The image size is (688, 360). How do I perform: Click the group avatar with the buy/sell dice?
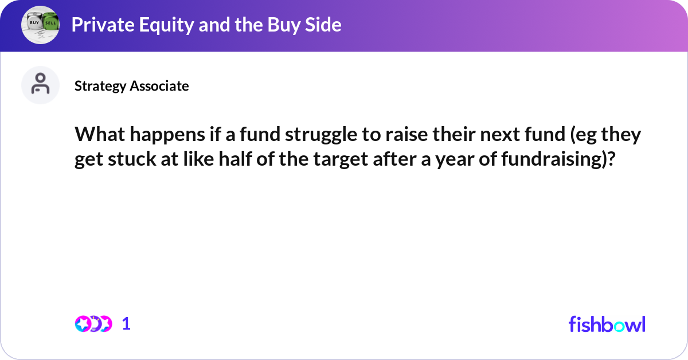[40, 25]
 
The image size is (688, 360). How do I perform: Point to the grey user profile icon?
[40, 85]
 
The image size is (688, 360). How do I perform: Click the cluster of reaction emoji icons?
[93, 324]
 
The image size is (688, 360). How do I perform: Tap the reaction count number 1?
[127, 324]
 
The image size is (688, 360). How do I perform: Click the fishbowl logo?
[607, 324]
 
